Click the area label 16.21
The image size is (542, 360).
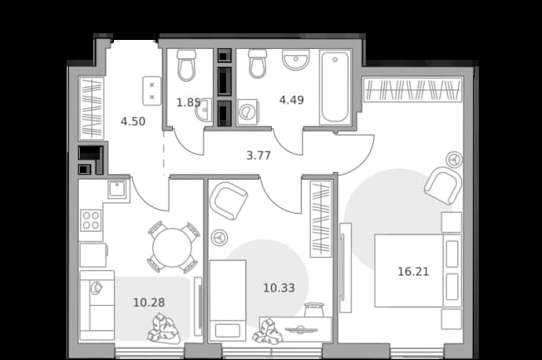[413, 272]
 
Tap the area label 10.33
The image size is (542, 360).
[279, 288]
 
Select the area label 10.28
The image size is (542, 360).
[149, 303]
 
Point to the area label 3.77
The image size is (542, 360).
[259, 155]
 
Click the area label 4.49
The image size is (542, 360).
[292, 100]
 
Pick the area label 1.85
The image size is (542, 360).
[189, 102]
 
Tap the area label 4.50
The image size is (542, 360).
[133, 121]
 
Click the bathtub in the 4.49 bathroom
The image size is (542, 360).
[335, 87]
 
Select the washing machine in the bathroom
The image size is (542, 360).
[248, 111]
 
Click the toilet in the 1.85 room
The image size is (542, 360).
[187, 65]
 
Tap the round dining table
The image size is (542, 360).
[172, 247]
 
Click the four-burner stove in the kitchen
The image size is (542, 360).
[91, 220]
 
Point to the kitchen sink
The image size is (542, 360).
[117, 190]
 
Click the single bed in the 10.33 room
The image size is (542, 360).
[228, 300]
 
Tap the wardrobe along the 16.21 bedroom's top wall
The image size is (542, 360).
[413, 90]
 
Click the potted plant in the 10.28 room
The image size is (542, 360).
[164, 328]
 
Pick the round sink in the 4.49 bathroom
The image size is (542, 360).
[296, 60]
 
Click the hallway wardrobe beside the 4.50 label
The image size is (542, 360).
[92, 108]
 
